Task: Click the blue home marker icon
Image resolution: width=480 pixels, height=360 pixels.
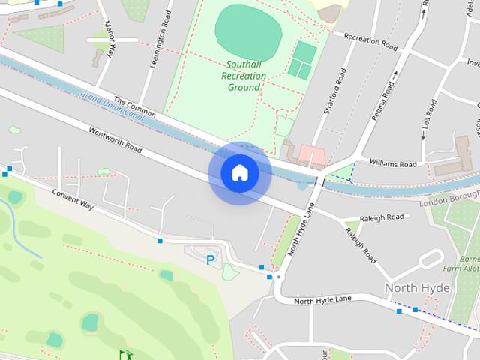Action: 240,173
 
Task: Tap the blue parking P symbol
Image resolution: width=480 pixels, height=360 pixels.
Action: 210,260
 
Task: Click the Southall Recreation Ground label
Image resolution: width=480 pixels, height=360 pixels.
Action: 244,76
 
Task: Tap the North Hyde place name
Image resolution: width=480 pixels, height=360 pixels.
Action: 417,287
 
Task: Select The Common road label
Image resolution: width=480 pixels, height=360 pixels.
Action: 134,107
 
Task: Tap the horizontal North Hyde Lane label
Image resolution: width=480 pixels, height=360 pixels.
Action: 322,300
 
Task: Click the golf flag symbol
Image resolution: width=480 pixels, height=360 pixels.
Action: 125,354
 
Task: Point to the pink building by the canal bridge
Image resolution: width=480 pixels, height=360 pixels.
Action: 312,156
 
